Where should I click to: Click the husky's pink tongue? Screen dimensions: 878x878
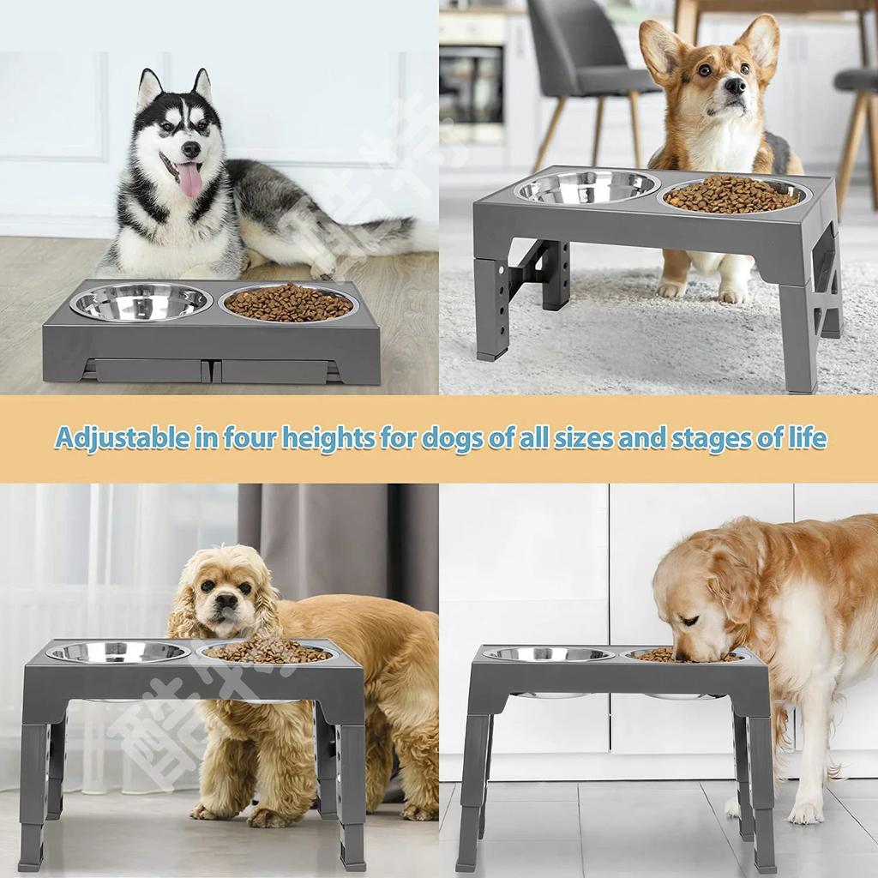(x=189, y=178)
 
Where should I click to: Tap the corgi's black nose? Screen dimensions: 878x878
(x=734, y=86)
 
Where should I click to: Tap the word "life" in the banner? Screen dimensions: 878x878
(x=807, y=438)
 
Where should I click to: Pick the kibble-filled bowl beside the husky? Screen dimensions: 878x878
(x=288, y=303)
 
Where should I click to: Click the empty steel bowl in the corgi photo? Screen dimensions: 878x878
(x=587, y=188)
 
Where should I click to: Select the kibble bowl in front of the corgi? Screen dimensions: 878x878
(x=733, y=195)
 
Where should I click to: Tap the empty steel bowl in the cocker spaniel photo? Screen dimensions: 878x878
(x=118, y=652)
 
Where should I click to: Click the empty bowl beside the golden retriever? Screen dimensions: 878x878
(x=549, y=654)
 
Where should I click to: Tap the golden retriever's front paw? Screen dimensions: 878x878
(x=804, y=811)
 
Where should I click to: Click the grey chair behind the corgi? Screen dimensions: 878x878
(x=583, y=60)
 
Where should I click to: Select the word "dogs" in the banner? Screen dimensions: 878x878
(x=453, y=438)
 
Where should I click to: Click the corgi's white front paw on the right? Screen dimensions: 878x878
(x=731, y=294)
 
